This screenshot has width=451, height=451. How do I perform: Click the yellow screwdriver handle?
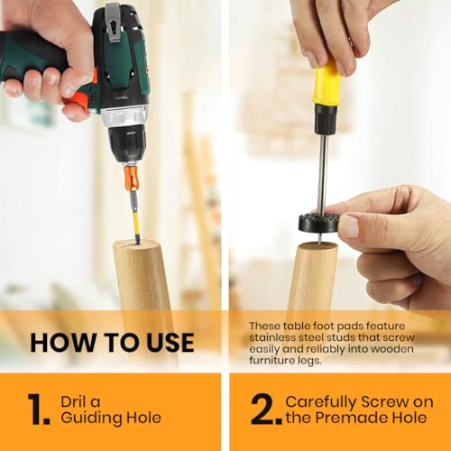tap(327, 82)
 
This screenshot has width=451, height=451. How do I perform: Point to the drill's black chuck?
tap(128, 143)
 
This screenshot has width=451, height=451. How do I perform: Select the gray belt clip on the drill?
tap(114, 23)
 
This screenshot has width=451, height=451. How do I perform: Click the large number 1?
tap(39, 409)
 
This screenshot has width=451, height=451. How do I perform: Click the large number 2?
tap(266, 409)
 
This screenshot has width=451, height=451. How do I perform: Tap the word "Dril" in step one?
tap(74, 401)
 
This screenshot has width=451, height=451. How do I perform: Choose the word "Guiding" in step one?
tap(91, 418)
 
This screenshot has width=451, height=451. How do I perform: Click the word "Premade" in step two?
tap(345, 418)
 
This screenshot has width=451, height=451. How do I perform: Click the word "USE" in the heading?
tap(170, 343)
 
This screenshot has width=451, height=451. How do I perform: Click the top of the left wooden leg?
tap(136, 243)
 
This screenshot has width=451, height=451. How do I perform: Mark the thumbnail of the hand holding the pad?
tap(350, 226)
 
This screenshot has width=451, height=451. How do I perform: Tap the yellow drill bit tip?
tap(135, 217)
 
